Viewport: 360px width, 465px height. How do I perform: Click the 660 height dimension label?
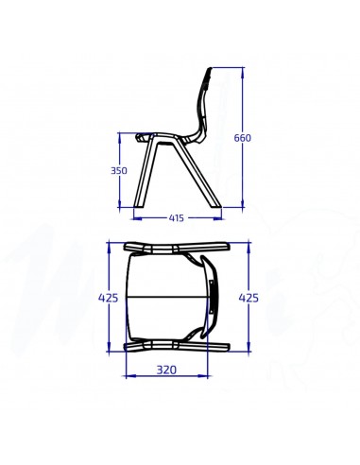coord(243,138)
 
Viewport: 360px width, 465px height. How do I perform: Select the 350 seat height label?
coord(118,171)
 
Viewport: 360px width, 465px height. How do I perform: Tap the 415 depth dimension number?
coord(177,218)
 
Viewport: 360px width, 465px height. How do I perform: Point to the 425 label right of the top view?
coord(249,298)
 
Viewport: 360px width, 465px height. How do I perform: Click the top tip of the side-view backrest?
coord(209,71)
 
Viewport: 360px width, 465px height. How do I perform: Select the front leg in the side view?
coord(142,175)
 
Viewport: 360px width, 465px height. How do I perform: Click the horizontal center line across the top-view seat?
coord(165,297)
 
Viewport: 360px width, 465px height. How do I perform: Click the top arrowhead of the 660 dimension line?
coord(243,70)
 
